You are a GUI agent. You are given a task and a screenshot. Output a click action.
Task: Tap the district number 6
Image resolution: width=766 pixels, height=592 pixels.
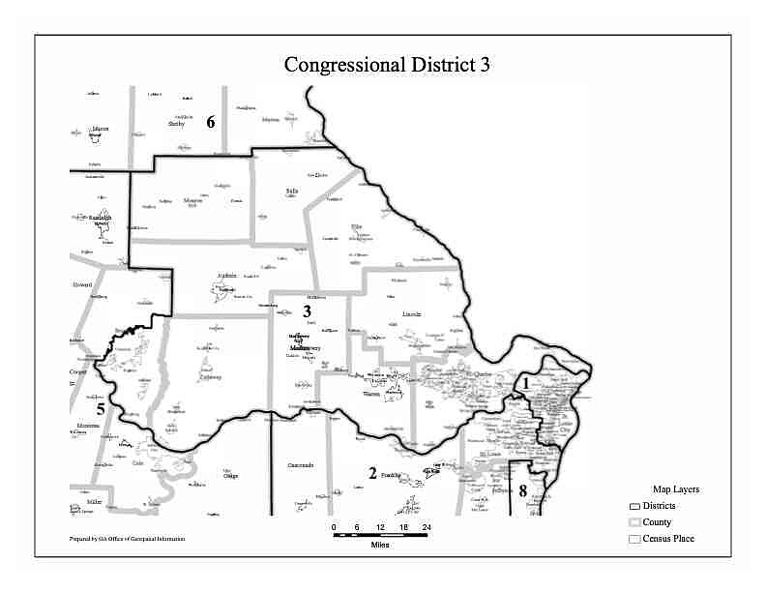click(210, 122)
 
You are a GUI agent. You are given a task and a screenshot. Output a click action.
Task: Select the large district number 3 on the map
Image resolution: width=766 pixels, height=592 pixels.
click(308, 311)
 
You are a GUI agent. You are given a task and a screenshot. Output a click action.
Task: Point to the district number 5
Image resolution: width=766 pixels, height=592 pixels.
click(101, 408)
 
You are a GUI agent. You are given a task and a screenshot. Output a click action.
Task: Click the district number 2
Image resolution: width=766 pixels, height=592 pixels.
click(371, 473)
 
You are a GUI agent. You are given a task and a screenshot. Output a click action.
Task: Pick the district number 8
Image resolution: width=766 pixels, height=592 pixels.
click(523, 491)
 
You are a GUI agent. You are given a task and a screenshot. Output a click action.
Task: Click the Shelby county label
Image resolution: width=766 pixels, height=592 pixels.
click(176, 124)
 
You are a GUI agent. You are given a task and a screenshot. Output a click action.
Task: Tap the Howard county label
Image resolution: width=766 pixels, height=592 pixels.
click(81, 286)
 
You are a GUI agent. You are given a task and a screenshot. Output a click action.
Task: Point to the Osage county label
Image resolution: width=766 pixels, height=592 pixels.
click(230, 476)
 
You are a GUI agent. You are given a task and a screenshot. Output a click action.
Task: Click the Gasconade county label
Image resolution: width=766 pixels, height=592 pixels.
click(301, 465)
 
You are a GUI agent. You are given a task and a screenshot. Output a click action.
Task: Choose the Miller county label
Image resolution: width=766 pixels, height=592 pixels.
click(94, 503)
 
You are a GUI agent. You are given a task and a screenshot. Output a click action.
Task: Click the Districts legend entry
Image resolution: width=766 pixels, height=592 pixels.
click(663, 506)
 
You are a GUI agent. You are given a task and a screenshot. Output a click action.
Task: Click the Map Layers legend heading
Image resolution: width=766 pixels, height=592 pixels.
click(675, 489)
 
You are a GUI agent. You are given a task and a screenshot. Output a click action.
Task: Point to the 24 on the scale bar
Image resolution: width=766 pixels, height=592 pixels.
click(426, 526)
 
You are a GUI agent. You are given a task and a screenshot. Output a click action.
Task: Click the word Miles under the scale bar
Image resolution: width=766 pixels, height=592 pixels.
click(380, 545)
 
